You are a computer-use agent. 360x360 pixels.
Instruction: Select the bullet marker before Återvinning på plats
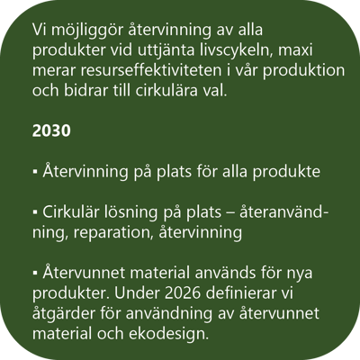click(x=33, y=170)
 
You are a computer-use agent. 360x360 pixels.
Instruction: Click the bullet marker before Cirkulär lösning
click(x=33, y=211)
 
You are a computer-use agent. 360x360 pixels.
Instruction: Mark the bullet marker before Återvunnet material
click(x=33, y=273)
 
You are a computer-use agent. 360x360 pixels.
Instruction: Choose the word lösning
click(x=129, y=211)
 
